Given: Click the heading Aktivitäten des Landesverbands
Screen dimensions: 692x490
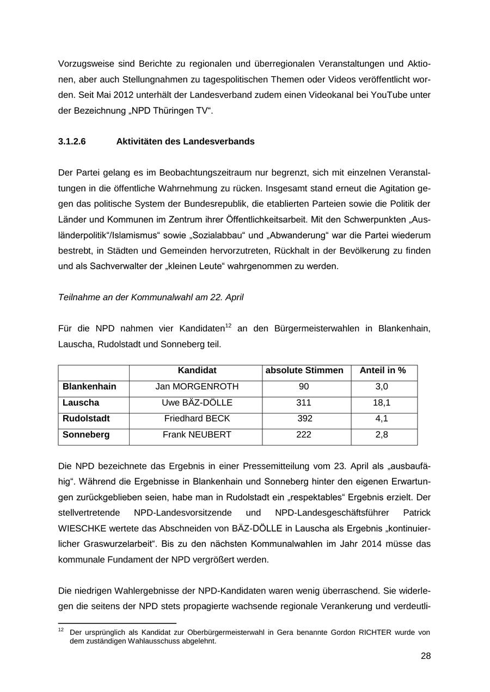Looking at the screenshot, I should point(185,141).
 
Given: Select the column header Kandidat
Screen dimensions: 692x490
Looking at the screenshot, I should point(197,370).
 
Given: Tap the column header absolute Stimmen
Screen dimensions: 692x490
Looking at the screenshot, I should point(304,370).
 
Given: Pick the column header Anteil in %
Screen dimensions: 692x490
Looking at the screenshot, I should point(383,370).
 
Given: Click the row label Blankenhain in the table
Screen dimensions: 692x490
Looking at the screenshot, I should point(89,387).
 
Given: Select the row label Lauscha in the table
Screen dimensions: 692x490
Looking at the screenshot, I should point(81,403).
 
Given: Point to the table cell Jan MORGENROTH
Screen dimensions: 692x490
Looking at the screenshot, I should point(197,387).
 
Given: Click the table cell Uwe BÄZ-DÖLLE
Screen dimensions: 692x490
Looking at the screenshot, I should point(197,403).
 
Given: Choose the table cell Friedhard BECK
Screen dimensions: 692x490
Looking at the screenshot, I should point(197,419).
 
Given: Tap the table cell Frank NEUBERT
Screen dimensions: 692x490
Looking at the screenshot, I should point(197,435).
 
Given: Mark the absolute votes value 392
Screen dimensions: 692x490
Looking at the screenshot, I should point(305,419).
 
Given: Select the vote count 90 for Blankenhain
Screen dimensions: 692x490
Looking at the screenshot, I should point(304,387).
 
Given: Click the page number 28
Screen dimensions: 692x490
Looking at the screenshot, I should point(425,656).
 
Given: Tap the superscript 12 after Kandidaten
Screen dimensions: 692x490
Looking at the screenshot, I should point(229,325).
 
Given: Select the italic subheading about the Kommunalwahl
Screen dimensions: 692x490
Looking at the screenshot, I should point(150,297).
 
